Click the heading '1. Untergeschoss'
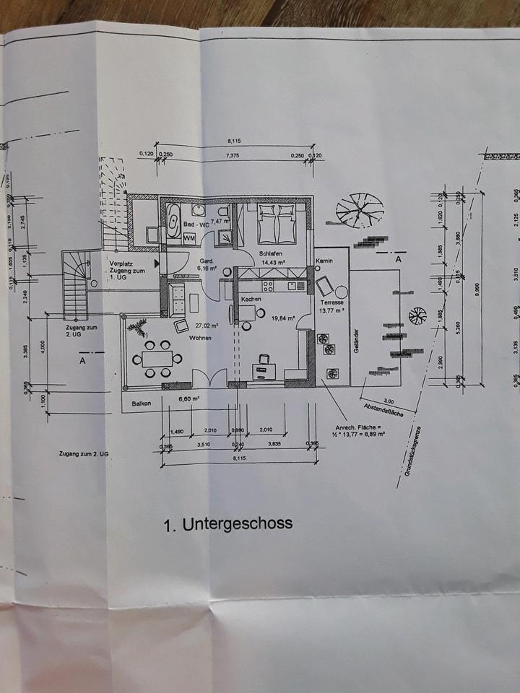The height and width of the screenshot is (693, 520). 228,523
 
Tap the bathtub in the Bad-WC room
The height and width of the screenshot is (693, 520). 175,216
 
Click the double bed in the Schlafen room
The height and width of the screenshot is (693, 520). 277,223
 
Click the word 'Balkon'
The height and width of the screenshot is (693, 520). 142,404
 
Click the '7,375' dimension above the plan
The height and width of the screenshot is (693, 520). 233,155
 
